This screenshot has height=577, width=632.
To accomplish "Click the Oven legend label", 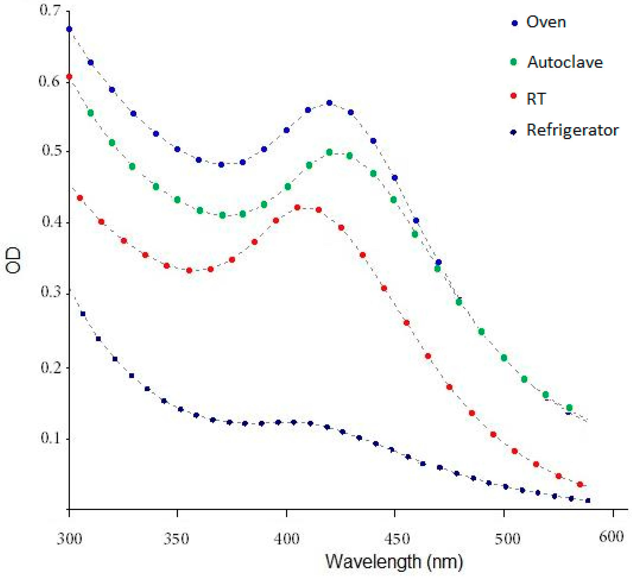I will point(546,22).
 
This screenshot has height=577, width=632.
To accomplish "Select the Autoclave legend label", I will point(565,62).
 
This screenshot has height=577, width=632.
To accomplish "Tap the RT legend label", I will point(536,99).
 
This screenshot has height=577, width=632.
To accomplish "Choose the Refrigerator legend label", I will point(572,130).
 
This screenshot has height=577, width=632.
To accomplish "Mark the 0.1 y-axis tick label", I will point(50,438).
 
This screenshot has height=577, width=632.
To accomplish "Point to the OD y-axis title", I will point(13,260).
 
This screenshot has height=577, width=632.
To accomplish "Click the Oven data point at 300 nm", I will point(69,29).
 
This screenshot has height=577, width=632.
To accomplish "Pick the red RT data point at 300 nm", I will point(69,77).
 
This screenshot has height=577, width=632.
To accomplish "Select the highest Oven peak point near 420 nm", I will point(329,103).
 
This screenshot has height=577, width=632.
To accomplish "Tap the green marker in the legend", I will point(513,62).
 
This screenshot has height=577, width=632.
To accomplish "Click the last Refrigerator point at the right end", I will point(588,500).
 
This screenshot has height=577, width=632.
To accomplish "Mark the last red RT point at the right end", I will point(580,485).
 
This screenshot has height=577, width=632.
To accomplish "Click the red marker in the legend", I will point(513,96).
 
